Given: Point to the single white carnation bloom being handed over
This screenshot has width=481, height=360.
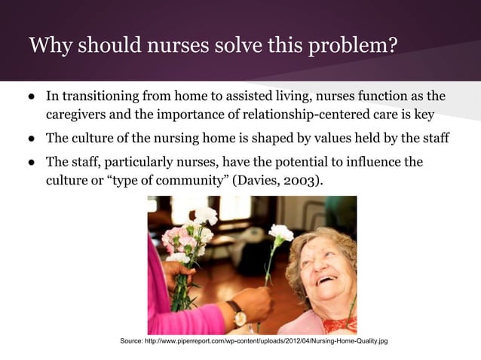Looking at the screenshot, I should pyautogui.click(x=280, y=233).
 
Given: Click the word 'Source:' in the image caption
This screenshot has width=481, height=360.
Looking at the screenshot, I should pyautogui.click(x=136, y=343).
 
